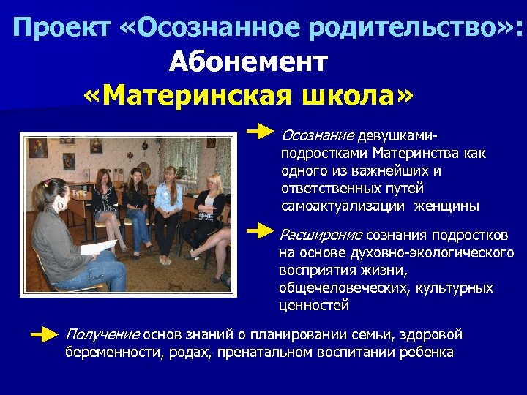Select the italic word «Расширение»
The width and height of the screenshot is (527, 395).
pos(320,235)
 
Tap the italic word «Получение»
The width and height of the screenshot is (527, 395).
pos(102,335)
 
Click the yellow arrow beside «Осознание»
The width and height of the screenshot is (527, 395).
pos(261,133)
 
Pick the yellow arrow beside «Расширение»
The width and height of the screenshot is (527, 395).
pos(261,232)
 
